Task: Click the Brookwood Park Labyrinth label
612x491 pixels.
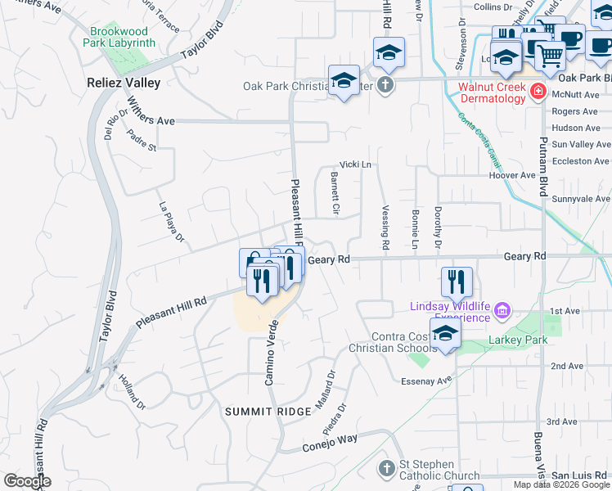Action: click(x=124, y=37)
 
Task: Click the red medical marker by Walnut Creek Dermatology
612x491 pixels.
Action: click(x=538, y=91)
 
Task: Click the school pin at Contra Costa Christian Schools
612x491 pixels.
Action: click(x=445, y=334)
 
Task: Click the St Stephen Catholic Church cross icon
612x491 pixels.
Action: click(x=388, y=469)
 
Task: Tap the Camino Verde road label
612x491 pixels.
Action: click(x=271, y=352)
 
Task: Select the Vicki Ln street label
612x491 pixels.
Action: click(x=355, y=164)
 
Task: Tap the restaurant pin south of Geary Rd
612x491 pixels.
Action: click(x=457, y=281)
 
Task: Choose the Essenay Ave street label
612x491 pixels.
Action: click(x=426, y=381)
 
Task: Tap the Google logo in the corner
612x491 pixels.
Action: click(x=27, y=481)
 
